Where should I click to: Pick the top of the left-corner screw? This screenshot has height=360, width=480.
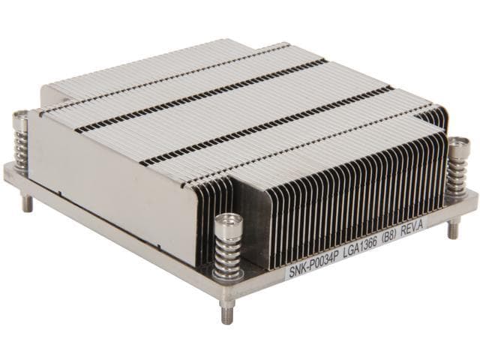click(x=20, y=117)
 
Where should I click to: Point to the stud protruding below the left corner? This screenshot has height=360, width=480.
click(x=27, y=202)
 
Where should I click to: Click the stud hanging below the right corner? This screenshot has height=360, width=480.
click(x=453, y=229)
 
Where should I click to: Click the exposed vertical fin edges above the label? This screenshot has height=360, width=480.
click(x=337, y=202)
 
